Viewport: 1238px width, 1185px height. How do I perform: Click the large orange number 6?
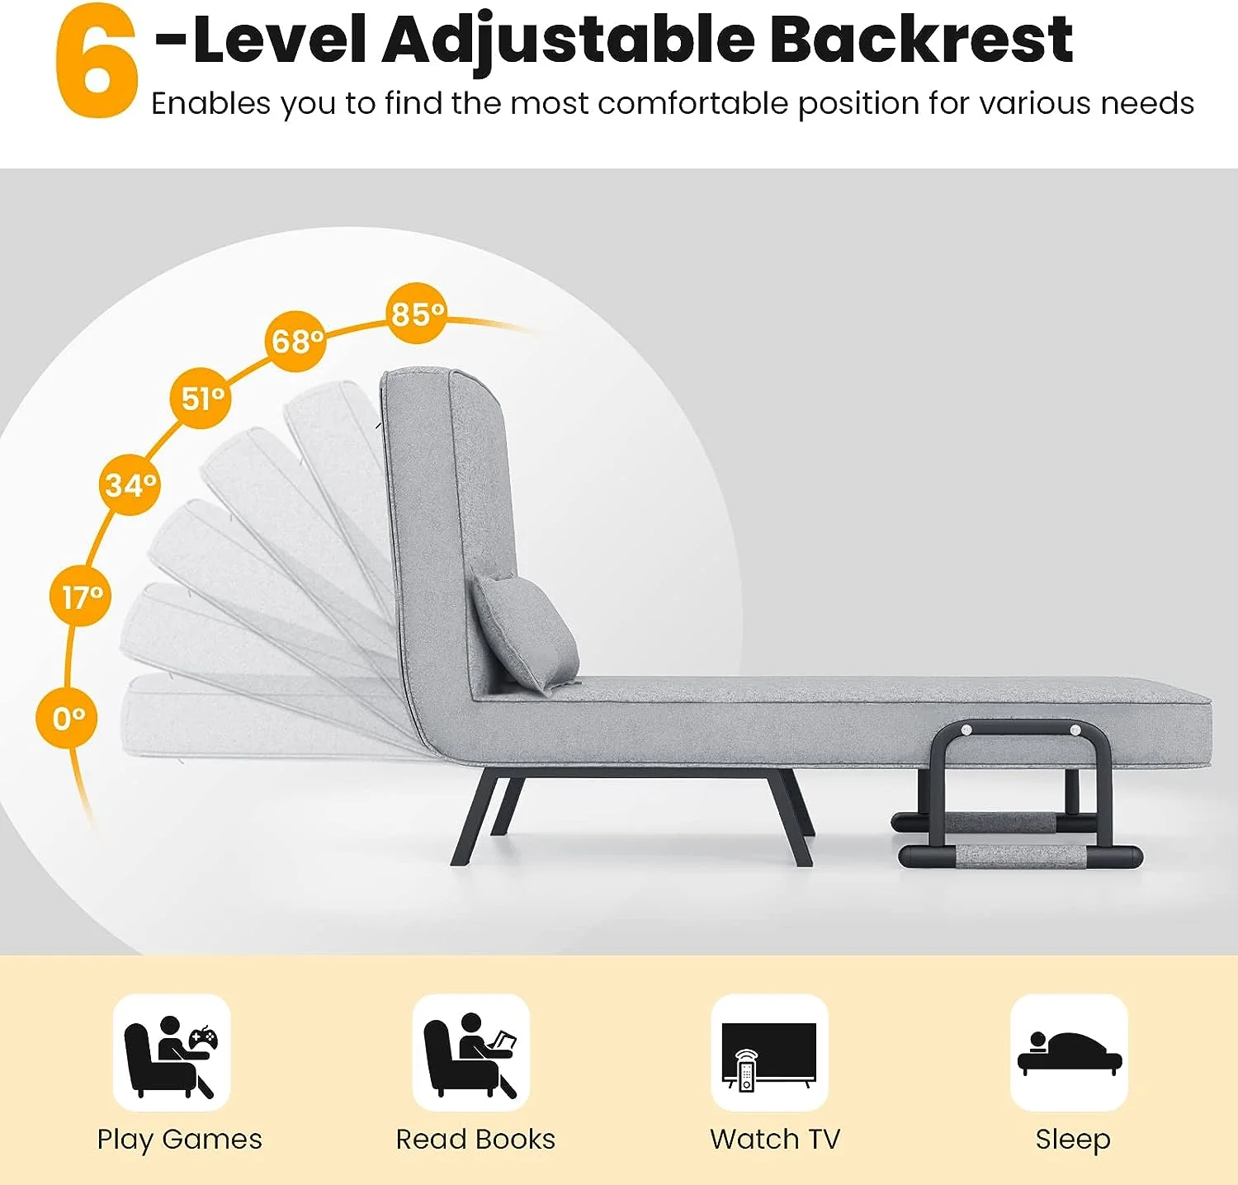pyautogui.click(x=97, y=61)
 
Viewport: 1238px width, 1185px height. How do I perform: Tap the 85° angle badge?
pyautogui.click(x=417, y=314)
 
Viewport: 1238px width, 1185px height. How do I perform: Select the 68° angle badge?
pyautogui.click(x=295, y=341)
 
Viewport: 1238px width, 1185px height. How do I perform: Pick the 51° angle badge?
pyautogui.click(x=201, y=398)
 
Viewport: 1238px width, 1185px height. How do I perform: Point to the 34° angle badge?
pyautogui.click(x=130, y=484)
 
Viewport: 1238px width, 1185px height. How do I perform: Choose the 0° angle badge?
pyautogui.click(x=67, y=718)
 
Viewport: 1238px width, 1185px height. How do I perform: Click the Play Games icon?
pyautogui.click(x=172, y=1053)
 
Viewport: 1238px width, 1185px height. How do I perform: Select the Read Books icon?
pyautogui.click(x=470, y=1053)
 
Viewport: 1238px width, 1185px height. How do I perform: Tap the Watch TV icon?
pyautogui.click(x=769, y=1053)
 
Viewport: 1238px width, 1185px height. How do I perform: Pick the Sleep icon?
pyautogui.click(x=1069, y=1053)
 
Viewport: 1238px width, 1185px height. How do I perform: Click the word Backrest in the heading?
pyautogui.click(x=921, y=39)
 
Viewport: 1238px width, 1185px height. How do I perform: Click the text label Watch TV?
pyautogui.click(x=775, y=1139)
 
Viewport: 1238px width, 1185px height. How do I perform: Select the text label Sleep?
pyautogui.click(x=1073, y=1140)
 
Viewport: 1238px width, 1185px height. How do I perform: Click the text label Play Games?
pyautogui.click(x=179, y=1140)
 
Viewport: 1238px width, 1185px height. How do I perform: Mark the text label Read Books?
pyautogui.click(x=475, y=1139)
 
